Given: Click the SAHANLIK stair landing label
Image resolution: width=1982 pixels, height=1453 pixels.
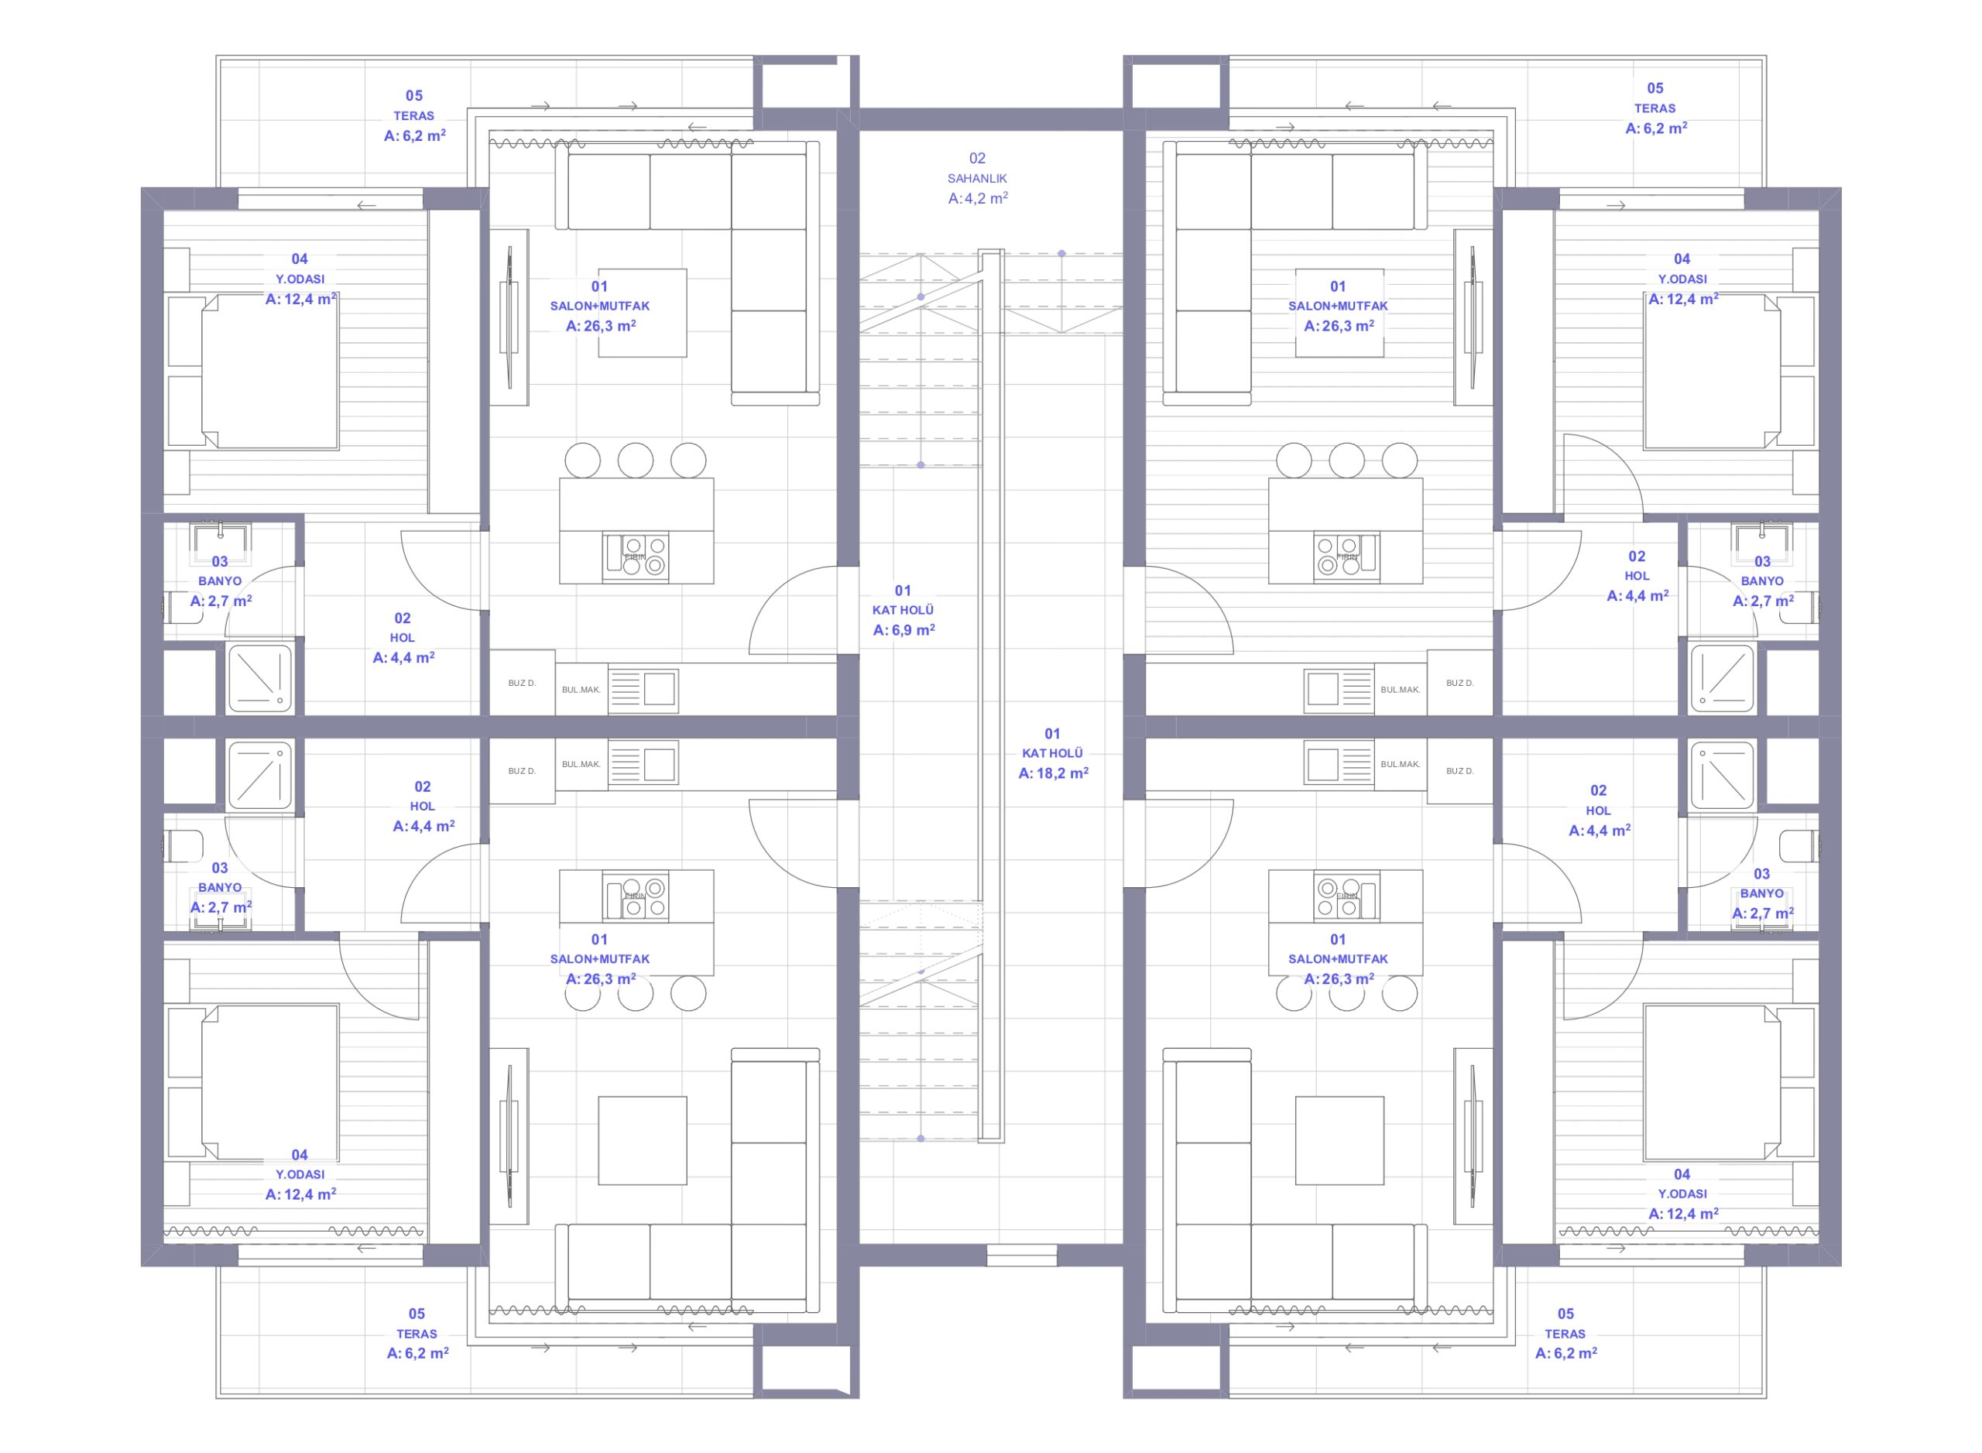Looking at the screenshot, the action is pos(976,179).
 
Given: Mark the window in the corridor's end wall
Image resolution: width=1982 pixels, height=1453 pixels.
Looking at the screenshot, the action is pos(1020,1254).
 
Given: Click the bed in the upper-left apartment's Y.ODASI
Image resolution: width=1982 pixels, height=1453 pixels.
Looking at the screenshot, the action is pos(253,372).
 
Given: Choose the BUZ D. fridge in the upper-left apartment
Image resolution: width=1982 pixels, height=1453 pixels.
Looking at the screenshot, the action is pos(522,683).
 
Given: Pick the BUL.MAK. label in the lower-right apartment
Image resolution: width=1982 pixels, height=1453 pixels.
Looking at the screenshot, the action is pos(1400,764).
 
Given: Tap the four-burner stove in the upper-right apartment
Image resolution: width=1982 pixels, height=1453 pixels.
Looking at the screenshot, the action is pos(1346,557).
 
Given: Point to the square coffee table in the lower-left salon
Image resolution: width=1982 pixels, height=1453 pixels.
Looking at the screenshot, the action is pos(642,1140).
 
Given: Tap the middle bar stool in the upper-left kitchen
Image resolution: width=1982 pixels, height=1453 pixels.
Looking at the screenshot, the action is pos(635,461).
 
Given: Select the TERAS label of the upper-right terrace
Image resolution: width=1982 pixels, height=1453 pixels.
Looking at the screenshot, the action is pos(1655,108).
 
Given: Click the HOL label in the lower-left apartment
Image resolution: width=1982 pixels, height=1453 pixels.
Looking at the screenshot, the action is pos(422,806).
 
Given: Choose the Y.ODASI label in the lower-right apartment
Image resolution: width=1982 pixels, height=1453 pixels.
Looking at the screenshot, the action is pos(1682,1194).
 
